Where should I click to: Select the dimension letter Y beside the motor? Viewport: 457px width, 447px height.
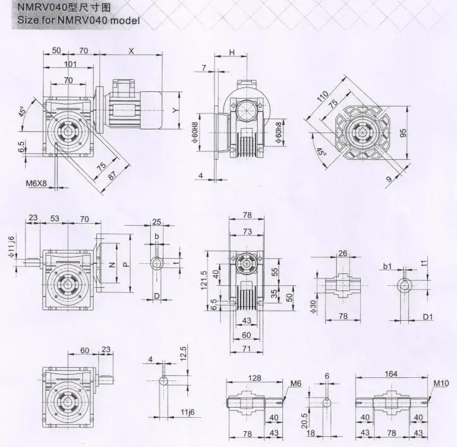click(176, 109)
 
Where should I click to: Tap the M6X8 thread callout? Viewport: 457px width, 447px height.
click(36, 183)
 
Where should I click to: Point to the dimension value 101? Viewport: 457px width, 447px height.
click(70, 63)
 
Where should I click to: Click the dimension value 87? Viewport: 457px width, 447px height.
click(113, 176)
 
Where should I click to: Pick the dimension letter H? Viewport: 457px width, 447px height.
click(232, 52)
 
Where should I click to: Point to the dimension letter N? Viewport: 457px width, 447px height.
click(113, 264)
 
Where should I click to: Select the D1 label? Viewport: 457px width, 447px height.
click(428, 316)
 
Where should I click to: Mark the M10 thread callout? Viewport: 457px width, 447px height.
click(441, 383)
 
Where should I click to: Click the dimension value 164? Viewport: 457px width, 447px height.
click(391, 374)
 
